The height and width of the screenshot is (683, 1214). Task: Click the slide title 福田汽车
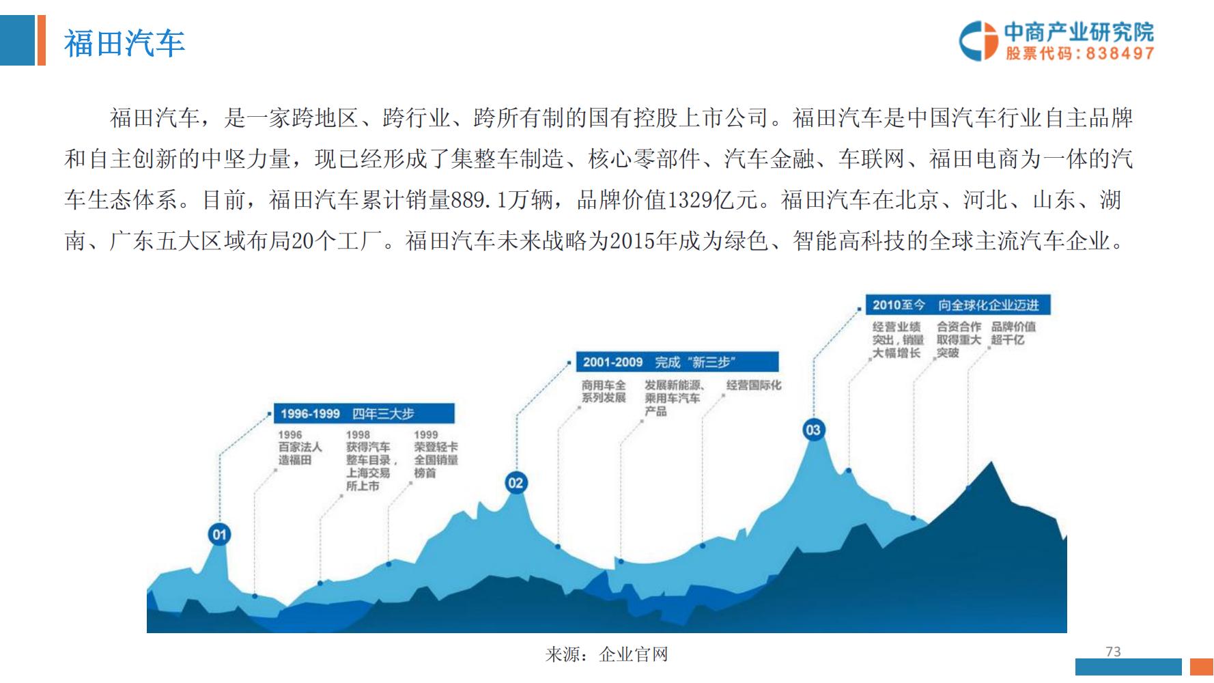point(124,43)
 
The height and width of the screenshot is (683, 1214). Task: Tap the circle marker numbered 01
point(219,534)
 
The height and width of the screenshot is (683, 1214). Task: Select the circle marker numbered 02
point(516,483)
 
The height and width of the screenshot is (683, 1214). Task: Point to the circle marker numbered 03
point(813,430)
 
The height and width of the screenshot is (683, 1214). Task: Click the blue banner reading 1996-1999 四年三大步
point(364,413)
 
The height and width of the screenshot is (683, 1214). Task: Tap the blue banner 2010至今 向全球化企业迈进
point(957,305)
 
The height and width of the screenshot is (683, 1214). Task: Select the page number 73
point(1113,652)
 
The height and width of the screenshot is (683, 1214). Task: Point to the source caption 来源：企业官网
point(606,654)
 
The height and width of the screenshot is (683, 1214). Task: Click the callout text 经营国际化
point(753,385)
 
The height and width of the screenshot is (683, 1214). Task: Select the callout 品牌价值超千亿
point(1013,333)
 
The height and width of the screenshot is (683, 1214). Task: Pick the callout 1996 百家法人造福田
point(299,447)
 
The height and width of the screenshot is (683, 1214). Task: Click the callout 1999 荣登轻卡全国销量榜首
point(435,454)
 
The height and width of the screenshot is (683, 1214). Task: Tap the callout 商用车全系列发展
point(604,391)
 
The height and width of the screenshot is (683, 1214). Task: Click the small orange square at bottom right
point(1201,667)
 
